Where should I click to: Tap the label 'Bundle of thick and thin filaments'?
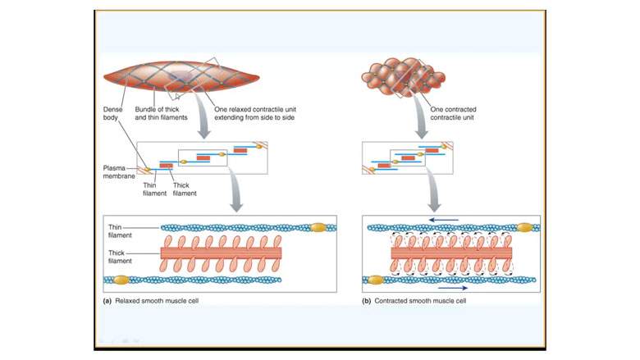point(168,113)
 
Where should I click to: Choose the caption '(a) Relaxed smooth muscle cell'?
point(151,301)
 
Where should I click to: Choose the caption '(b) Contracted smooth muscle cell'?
point(414,301)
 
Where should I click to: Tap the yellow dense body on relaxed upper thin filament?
point(319,227)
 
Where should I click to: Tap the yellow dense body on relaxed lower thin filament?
point(121,280)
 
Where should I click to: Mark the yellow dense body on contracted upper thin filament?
point(523,227)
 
